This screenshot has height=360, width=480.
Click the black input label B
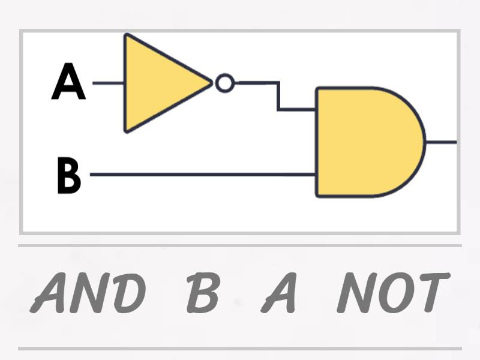click(68, 175)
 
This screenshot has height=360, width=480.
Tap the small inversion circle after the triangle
click(225, 83)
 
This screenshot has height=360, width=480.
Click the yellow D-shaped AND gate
click(366, 142)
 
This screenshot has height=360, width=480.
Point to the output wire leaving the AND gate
click(441, 142)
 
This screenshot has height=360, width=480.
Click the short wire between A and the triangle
click(108, 83)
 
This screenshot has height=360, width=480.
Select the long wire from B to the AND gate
click(204, 175)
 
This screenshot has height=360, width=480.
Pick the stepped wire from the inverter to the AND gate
click(278, 96)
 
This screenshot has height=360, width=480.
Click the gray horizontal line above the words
click(240, 245)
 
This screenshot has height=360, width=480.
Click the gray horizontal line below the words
click(240, 348)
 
